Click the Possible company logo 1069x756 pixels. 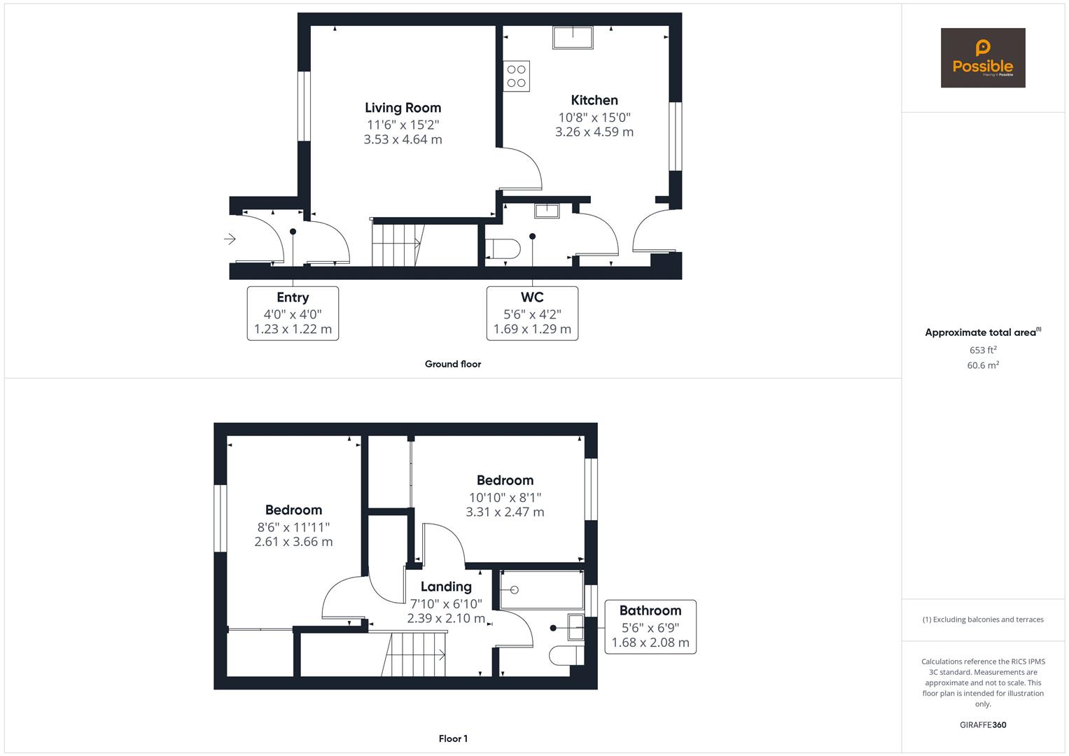tap(982, 58)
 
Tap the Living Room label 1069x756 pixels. tap(403, 108)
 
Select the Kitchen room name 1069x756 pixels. tap(594, 100)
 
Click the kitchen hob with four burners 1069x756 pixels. tap(517, 76)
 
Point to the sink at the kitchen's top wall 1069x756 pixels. tap(573, 38)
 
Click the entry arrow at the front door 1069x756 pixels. tap(230, 239)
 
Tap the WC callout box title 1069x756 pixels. tap(532, 297)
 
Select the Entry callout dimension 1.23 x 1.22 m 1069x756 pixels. tap(293, 329)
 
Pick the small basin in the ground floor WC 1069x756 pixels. tap(546, 211)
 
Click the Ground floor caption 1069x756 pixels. tap(453, 364)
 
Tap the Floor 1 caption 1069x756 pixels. tap(453, 738)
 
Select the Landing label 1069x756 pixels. tap(446, 587)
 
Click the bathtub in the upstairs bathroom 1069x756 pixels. tap(542, 590)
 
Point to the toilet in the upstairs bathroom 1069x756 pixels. tap(567, 655)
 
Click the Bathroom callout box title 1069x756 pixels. tap(650, 610)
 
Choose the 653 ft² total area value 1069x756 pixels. tap(983, 350)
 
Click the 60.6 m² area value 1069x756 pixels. tap(983, 365)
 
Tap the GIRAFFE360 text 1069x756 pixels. tap(983, 724)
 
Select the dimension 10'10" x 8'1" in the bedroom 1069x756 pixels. tap(505, 498)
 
